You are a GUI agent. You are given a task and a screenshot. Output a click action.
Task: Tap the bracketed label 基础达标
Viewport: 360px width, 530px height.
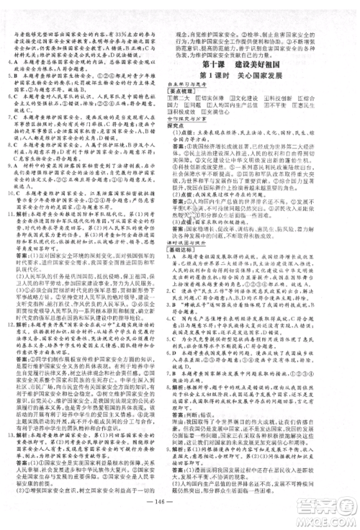205,296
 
